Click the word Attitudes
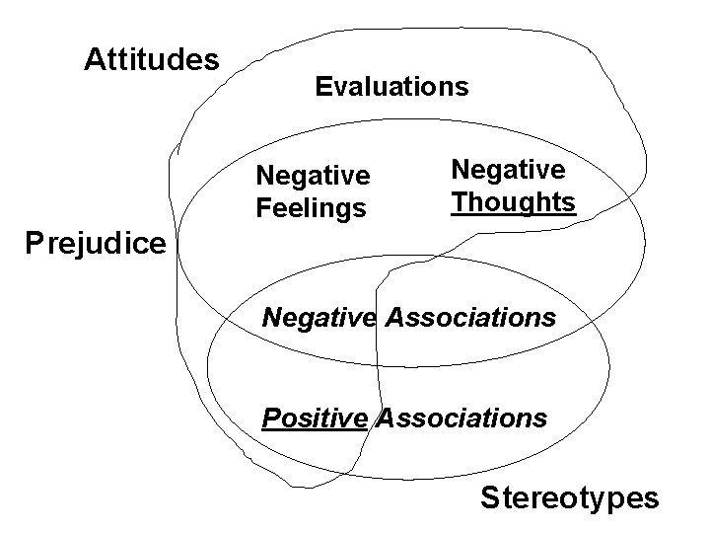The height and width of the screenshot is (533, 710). (x=151, y=60)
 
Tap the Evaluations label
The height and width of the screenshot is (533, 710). (x=391, y=87)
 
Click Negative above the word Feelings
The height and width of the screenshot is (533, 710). (x=313, y=176)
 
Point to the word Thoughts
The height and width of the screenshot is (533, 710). (x=513, y=202)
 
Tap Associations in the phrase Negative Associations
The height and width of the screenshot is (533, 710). (x=470, y=319)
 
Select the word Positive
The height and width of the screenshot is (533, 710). (x=314, y=419)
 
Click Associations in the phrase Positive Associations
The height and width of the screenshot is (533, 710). (x=461, y=419)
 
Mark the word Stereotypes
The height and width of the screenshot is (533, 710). (x=570, y=497)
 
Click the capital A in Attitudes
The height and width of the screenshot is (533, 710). (x=94, y=60)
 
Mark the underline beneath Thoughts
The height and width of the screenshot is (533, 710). (x=513, y=216)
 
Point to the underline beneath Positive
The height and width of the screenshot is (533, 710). (x=314, y=430)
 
